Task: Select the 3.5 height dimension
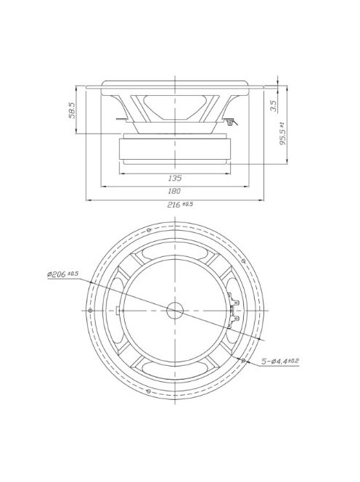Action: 272,105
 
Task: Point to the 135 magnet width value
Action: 174,178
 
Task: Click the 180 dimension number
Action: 174,191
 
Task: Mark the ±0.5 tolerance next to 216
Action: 188,203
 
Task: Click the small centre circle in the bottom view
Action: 175,310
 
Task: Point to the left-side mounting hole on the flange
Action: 89,310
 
